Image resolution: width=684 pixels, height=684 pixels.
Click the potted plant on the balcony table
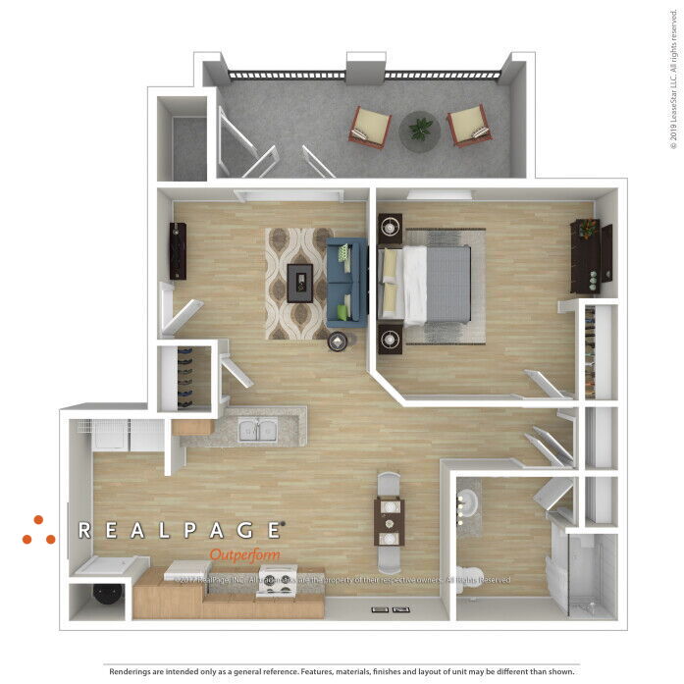(x=421, y=128)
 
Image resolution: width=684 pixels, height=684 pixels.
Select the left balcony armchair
(x=371, y=127)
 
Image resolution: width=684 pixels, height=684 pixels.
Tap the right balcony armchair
(x=468, y=126)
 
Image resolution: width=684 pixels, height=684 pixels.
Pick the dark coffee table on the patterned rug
(x=299, y=282)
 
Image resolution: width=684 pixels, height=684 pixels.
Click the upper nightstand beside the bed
(x=391, y=228)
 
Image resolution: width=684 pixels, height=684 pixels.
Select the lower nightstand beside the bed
(x=391, y=340)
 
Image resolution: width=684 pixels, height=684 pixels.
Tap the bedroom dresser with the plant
(x=591, y=255)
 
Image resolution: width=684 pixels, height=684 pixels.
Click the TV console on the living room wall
(x=178, y=250)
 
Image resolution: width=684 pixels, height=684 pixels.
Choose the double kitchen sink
(x=257, y=429)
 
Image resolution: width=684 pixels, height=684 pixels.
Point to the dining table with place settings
(x=389, y=521)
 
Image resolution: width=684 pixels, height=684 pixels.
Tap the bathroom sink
(x=468, y=505)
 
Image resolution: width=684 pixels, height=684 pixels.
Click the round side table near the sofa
(x=339, y=342)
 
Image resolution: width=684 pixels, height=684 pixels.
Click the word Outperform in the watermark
(x=244, y=554)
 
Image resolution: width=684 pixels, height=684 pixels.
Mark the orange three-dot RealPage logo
(x=38, y=531)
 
